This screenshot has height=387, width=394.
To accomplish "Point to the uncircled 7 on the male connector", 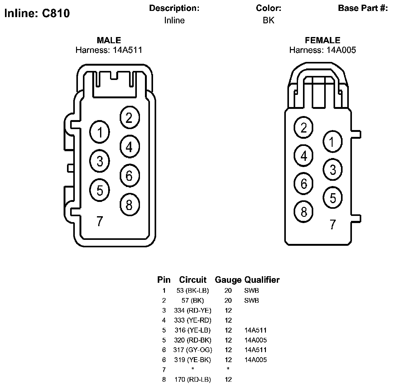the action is tap(99, 221).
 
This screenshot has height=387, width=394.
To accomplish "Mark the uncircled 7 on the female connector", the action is tap(333, 224).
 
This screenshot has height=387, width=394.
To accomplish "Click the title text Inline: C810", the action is tap(37, 13).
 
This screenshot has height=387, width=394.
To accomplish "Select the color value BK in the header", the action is tap(268, 20).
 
